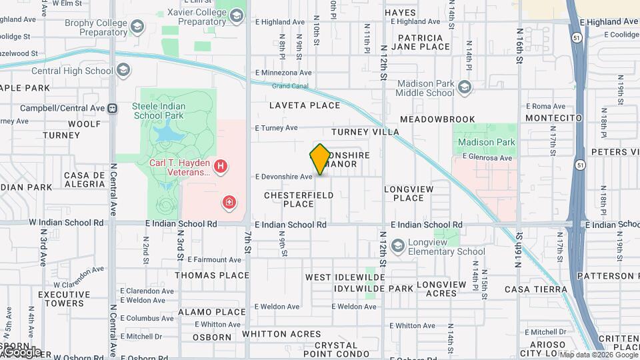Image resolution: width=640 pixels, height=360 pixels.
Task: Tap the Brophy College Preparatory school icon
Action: click(x=138, y=27)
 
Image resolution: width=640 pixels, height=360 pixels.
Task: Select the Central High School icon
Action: click(x=123, y=70)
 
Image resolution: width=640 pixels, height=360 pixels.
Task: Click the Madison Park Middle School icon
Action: click(x=465, y=87)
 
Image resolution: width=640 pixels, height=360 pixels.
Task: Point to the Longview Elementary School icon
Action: click(x=398, y=247)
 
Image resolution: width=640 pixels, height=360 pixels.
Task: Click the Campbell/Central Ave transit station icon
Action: click(x=113, y=108)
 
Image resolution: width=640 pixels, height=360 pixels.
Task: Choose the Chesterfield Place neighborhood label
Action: click(x=298, y=199)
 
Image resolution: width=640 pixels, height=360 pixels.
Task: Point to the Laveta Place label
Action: click(x=305, y=105)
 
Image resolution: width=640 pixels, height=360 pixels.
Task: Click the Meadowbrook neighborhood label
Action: click(x=437, y=119)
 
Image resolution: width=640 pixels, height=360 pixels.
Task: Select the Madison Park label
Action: click(x=487, y=142)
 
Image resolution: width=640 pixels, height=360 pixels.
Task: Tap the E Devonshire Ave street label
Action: click(x=283, y=177)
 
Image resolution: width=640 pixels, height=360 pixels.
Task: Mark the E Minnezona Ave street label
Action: click(x=283, y=73)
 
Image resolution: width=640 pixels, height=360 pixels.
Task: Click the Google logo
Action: click(x=21, y=352)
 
